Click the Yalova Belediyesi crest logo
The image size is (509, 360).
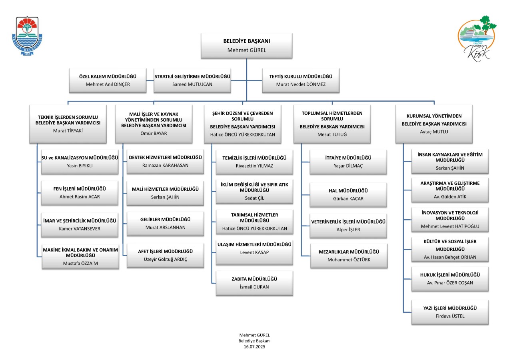click(x=27, y=36)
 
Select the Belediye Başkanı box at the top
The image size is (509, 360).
click(x=247, y=46)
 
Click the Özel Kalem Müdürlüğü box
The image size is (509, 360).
click(x=108, y=80)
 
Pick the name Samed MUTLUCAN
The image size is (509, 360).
click(x=192, y=84)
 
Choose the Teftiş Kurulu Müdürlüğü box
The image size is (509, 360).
click(x=301, y=80)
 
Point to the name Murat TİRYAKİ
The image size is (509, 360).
click(x=68, y=131)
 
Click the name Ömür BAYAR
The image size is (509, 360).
click(x=154, y=134)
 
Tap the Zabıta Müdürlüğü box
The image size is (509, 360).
click(x=254, y=283)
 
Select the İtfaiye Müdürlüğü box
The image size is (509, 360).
click(x=348, y=162)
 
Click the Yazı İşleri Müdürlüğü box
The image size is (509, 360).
click(x=450, y=312)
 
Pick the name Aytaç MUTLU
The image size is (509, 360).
click(x=434, y=132)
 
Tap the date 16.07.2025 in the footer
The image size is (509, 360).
click(x=254, y=347)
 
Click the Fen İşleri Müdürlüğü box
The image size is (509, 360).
click(x=80, y=193)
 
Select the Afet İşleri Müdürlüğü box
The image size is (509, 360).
click(x=166, y=255)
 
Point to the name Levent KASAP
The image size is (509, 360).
click(x=254, y=252)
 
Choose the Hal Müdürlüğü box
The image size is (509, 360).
click(x=348, y=195)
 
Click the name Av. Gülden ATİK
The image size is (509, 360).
click(x=450, y=197)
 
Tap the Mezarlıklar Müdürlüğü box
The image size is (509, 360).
click(x=349, y=256)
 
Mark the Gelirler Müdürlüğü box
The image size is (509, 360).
click(x=166, y=224)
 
